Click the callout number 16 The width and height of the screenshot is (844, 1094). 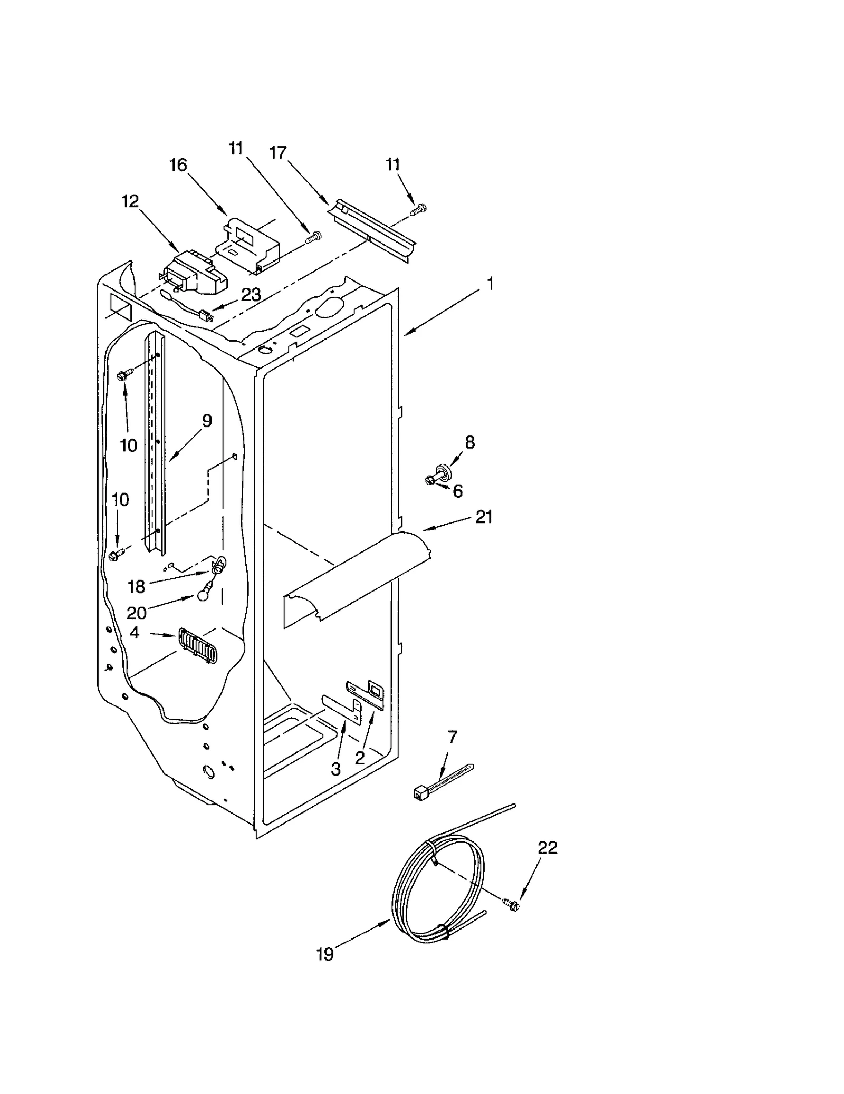click(x=178, y=165)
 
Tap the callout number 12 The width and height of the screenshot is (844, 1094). click(x=130, y=201)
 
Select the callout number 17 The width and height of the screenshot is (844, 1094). click(x=277, y=152)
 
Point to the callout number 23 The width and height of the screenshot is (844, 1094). click(x=251, y=295)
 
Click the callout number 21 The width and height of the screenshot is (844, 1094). click(x=484, y=517)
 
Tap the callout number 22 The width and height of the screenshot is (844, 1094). click(x=547, y=847)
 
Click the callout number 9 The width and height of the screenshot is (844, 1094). click(x=206, y=420)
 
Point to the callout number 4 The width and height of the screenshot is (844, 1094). click(x=135, y=632)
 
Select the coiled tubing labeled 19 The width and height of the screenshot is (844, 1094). click(x=438, y=891)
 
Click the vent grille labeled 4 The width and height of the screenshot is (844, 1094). click(x=197, y=645)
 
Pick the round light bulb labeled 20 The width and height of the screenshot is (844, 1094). click(x=204, y=595)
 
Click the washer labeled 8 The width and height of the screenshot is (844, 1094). click(x=442, y=470)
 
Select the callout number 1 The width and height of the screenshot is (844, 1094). click(x=490, y=284)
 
